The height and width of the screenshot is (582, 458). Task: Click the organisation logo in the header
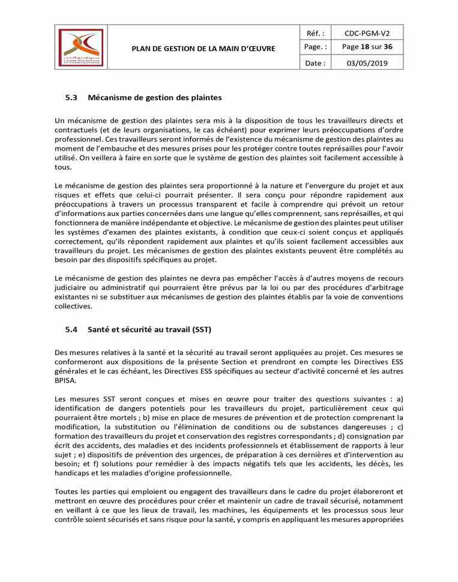(x=80, y=47)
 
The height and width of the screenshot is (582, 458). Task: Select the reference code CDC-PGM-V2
(x=366, y=33)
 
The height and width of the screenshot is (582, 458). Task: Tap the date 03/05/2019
(x=366, y=62)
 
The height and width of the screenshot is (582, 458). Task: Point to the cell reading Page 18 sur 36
(x=366, y=47)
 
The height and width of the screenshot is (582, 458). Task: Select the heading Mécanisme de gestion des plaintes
(x=155, y=97)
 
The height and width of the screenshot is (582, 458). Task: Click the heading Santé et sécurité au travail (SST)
(x=149, y=329)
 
